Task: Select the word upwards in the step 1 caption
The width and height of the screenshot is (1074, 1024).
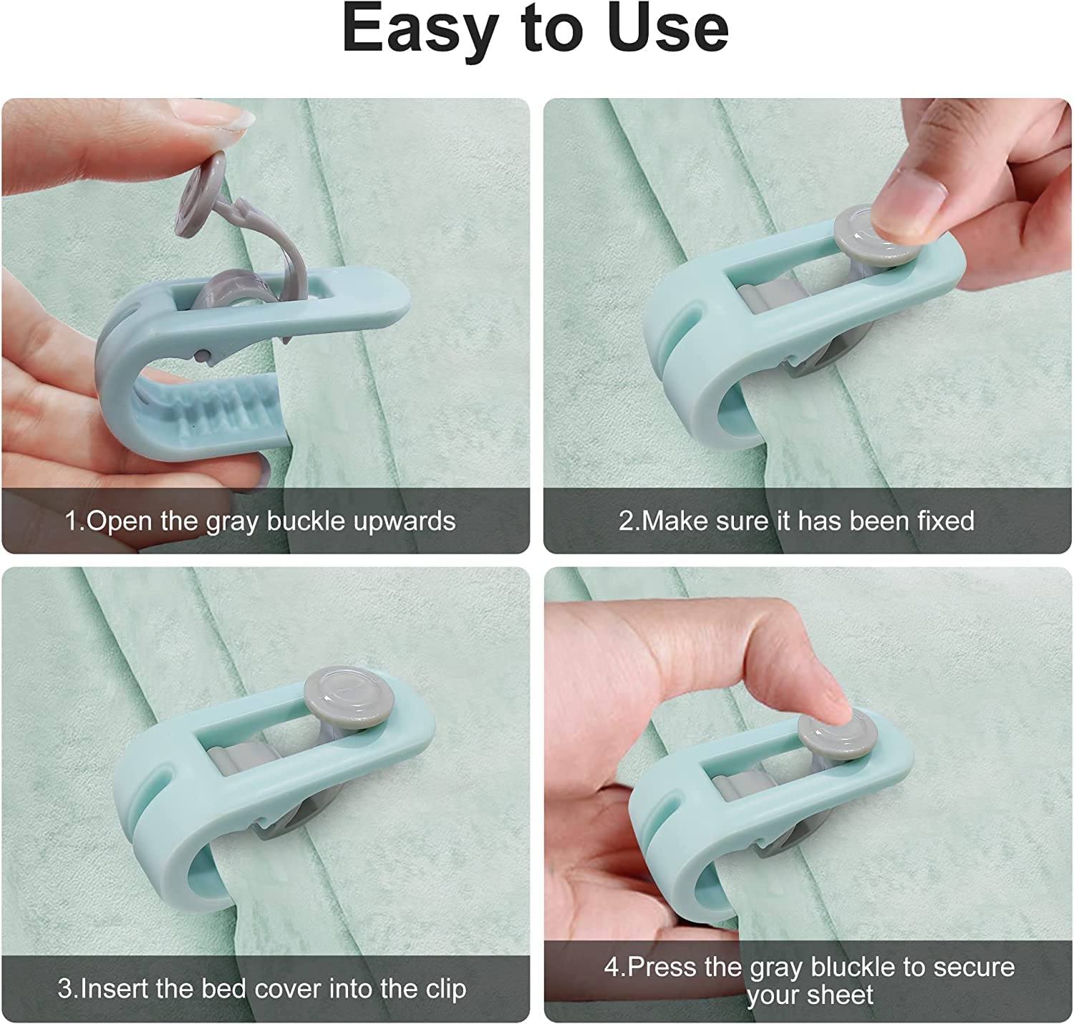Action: click(x=405, y=521)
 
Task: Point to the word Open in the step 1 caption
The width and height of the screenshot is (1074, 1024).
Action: click(x=120, y=521)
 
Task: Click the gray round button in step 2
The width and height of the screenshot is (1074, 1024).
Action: click(x=876, y=236)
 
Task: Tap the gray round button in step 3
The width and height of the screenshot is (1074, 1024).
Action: click(x=349, y=697)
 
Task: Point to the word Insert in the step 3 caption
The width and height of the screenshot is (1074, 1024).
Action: click(x=114, y=989)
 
